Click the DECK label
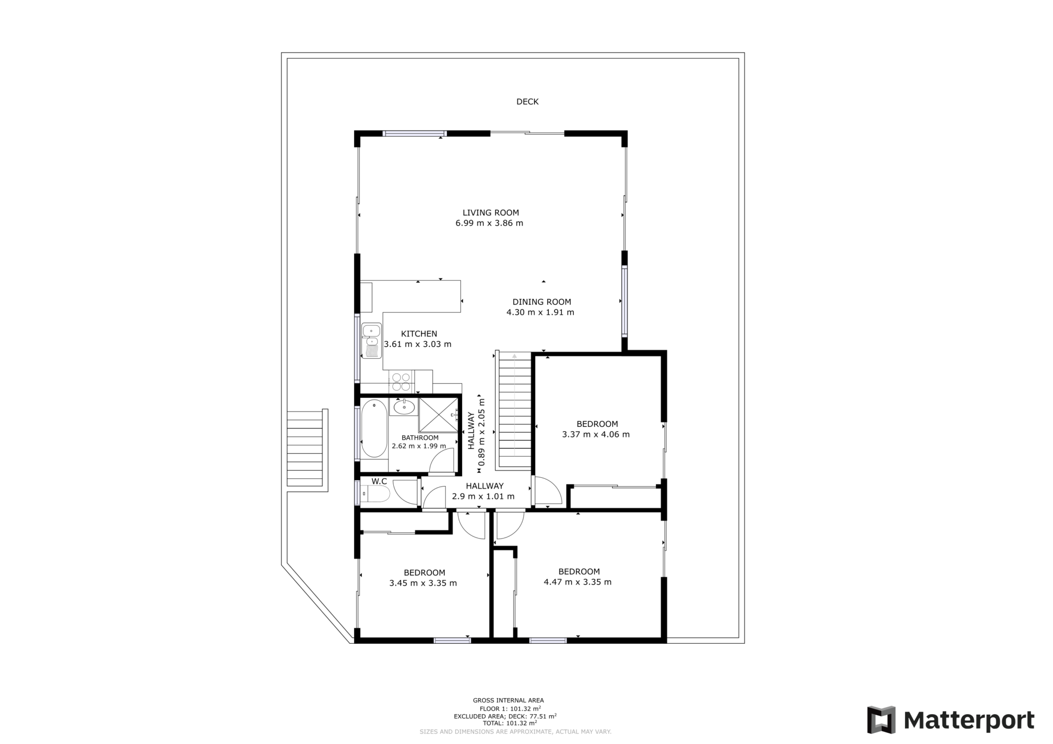pyautogui.click(x=527, y=102)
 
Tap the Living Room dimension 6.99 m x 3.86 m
pyautogui.click(x=489, y=223)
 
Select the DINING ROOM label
pyautogui.click(x=541, y=302)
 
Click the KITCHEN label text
pyautogui.click(x=419, y=334)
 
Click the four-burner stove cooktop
pyautogui.click(x=401, y=382)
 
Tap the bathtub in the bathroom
pyautogui.click(x=374, y=429)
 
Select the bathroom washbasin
pyautogui.click(x=404, y=407)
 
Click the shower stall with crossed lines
pyautogui.click(x=438, y=414)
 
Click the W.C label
pyautogui.click(x=379, y=481)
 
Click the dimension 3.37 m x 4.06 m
pyautogui.click(x=595, y=434)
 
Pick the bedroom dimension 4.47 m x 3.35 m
pyautogui.click(x=577, y=582)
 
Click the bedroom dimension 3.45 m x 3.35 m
pyautogui.click(x=423, y=583)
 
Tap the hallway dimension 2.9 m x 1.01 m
pyautogui.click(x=483, y=496)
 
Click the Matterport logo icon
pyautogui.click(x=881, y=720)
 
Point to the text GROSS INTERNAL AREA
pyautogui.click(x=508, y=700)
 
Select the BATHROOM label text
pyautogui.click(x=420, y=438)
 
